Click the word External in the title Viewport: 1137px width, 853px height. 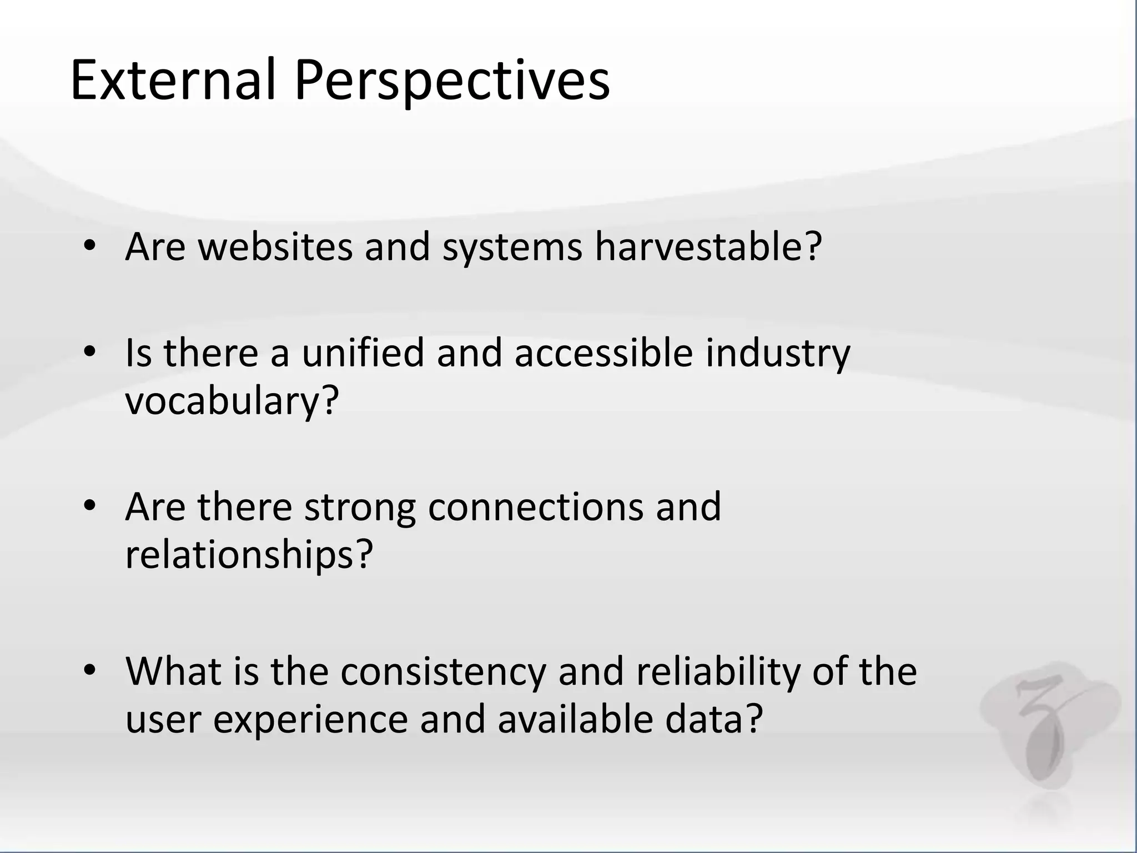point(172,81)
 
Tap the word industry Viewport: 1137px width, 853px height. point(778,354)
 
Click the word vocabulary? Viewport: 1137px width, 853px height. point(232,401)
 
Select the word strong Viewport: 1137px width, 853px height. point(360,508)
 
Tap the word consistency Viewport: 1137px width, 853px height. point(443,671)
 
